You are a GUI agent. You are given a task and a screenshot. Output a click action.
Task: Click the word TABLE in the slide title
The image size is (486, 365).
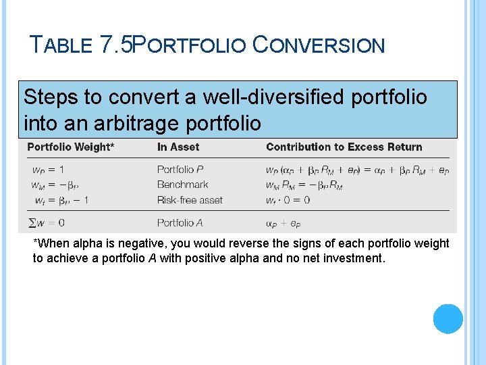[61, 45]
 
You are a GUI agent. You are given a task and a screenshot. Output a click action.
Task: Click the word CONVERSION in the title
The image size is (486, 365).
[318, 45]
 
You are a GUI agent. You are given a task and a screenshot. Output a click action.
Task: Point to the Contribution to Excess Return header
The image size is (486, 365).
[344, 147]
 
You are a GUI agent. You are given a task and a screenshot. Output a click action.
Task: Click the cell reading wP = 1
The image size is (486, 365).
[48, 170]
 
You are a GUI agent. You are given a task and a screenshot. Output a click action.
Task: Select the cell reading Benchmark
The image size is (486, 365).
[182, 185]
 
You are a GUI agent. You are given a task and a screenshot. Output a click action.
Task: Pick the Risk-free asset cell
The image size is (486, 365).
[190, 200]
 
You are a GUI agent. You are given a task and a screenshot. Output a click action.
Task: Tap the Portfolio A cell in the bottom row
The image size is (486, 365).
[180, 222]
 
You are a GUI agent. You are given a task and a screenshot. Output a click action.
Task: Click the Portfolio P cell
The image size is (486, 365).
[180, 170]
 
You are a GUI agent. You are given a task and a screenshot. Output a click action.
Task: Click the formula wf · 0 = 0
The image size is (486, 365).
[288, 200]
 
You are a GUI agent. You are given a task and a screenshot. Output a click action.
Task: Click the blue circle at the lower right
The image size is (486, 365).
[448, 319]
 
